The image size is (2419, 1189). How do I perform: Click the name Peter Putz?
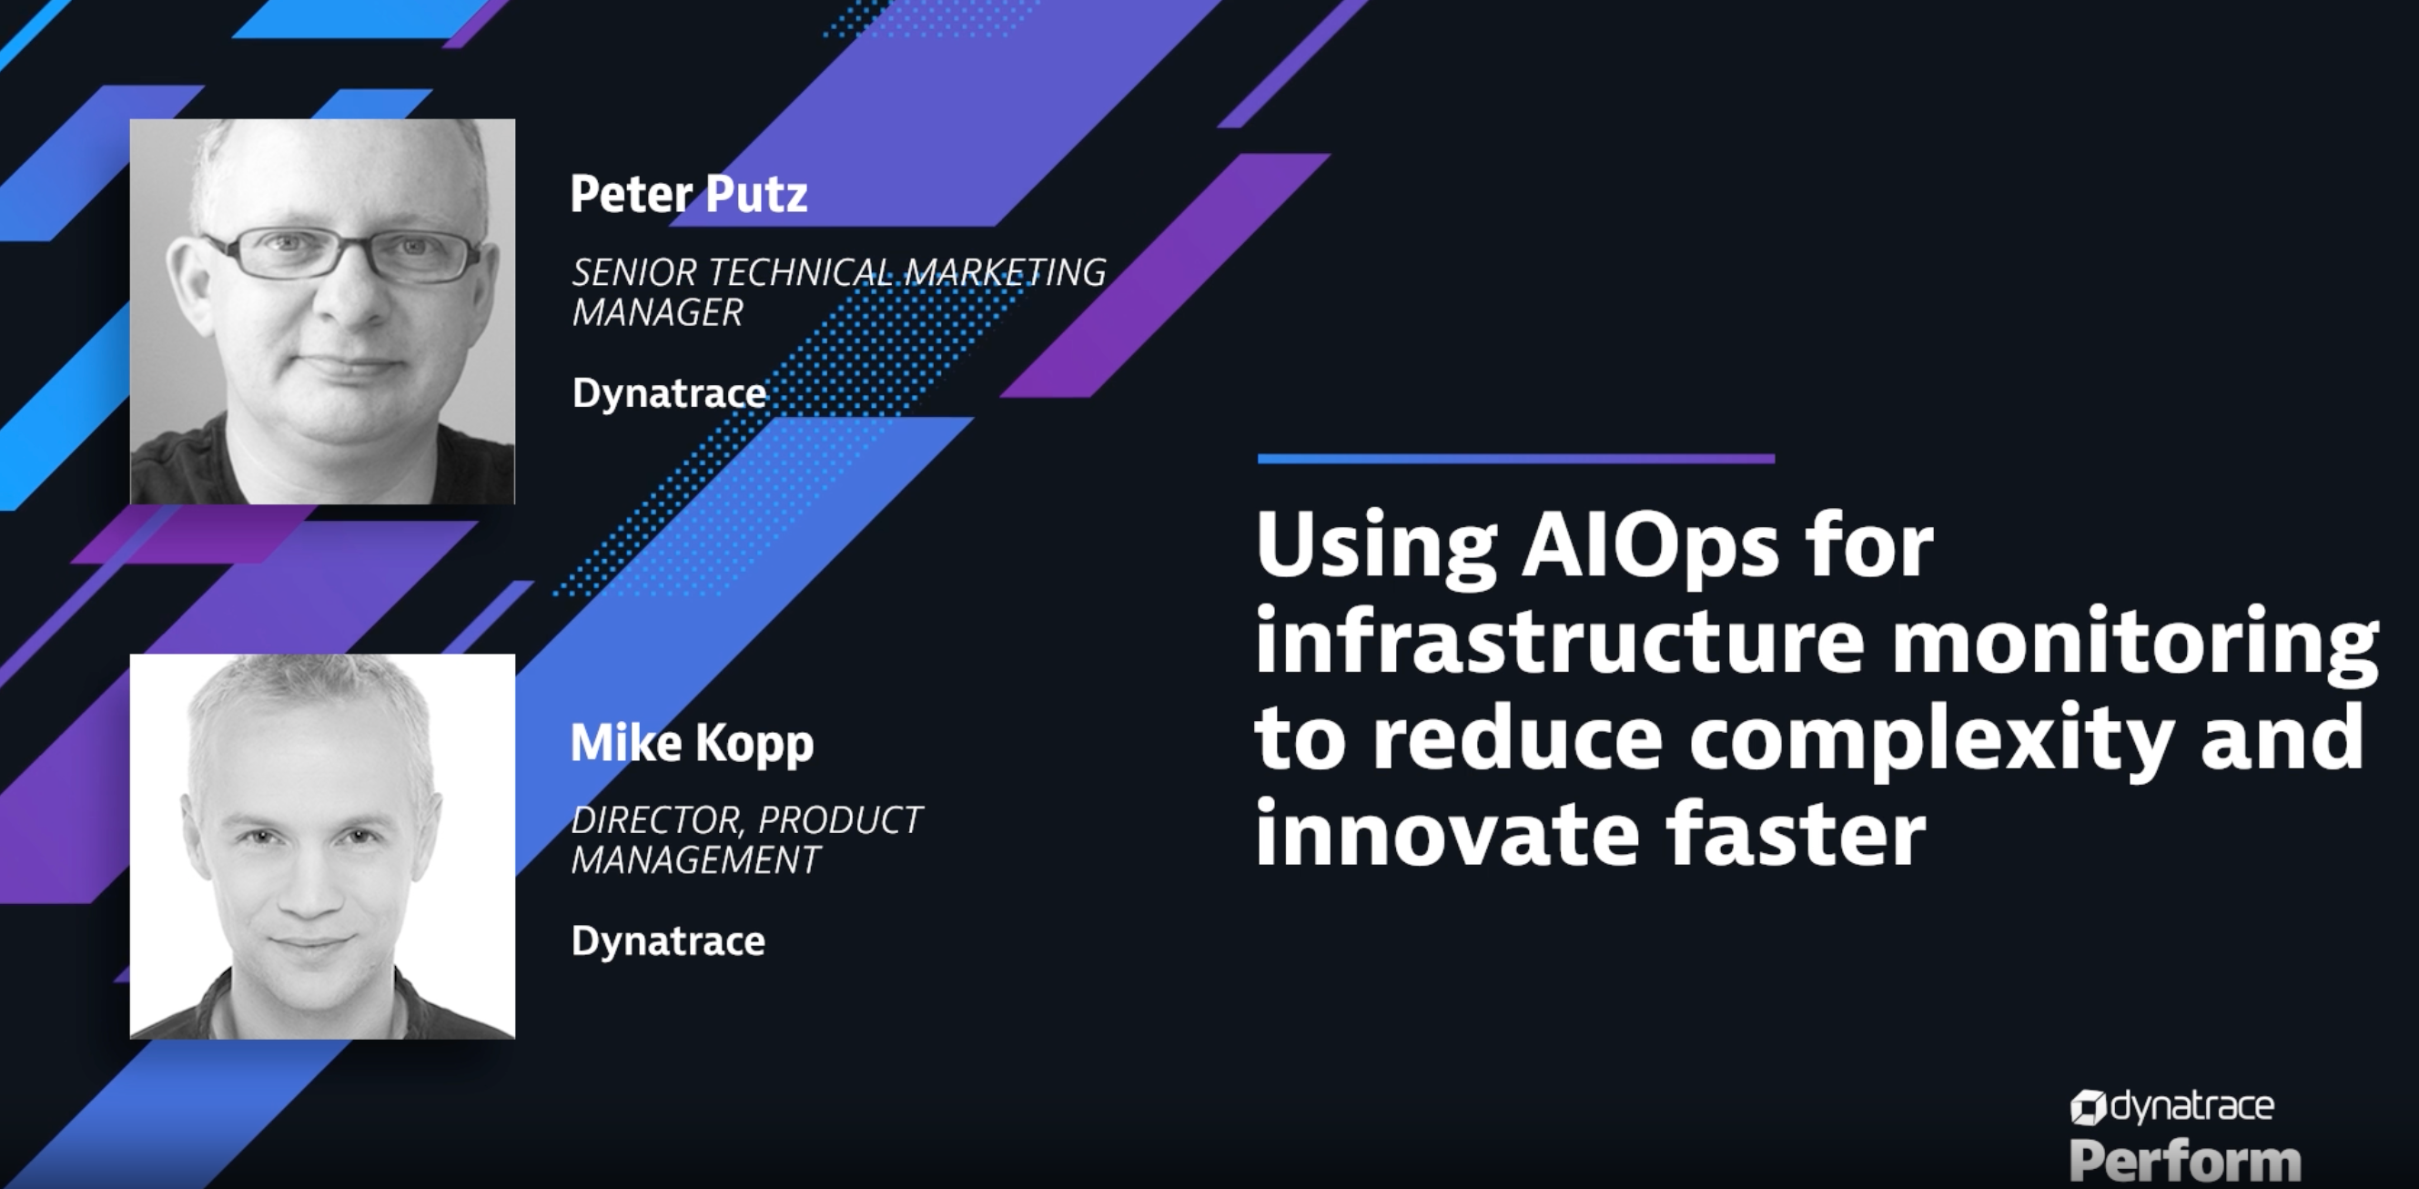688,195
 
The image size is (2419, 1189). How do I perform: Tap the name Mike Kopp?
692,744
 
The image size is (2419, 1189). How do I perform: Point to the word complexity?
1930,740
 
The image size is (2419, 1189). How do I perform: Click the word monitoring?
2135,644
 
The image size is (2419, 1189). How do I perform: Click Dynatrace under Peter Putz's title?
669,393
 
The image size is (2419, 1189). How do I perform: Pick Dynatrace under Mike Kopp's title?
668,941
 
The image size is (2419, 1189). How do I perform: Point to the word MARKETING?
1005,273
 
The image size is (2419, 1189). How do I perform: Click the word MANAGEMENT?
696,860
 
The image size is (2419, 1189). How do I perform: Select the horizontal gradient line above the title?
1515,459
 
